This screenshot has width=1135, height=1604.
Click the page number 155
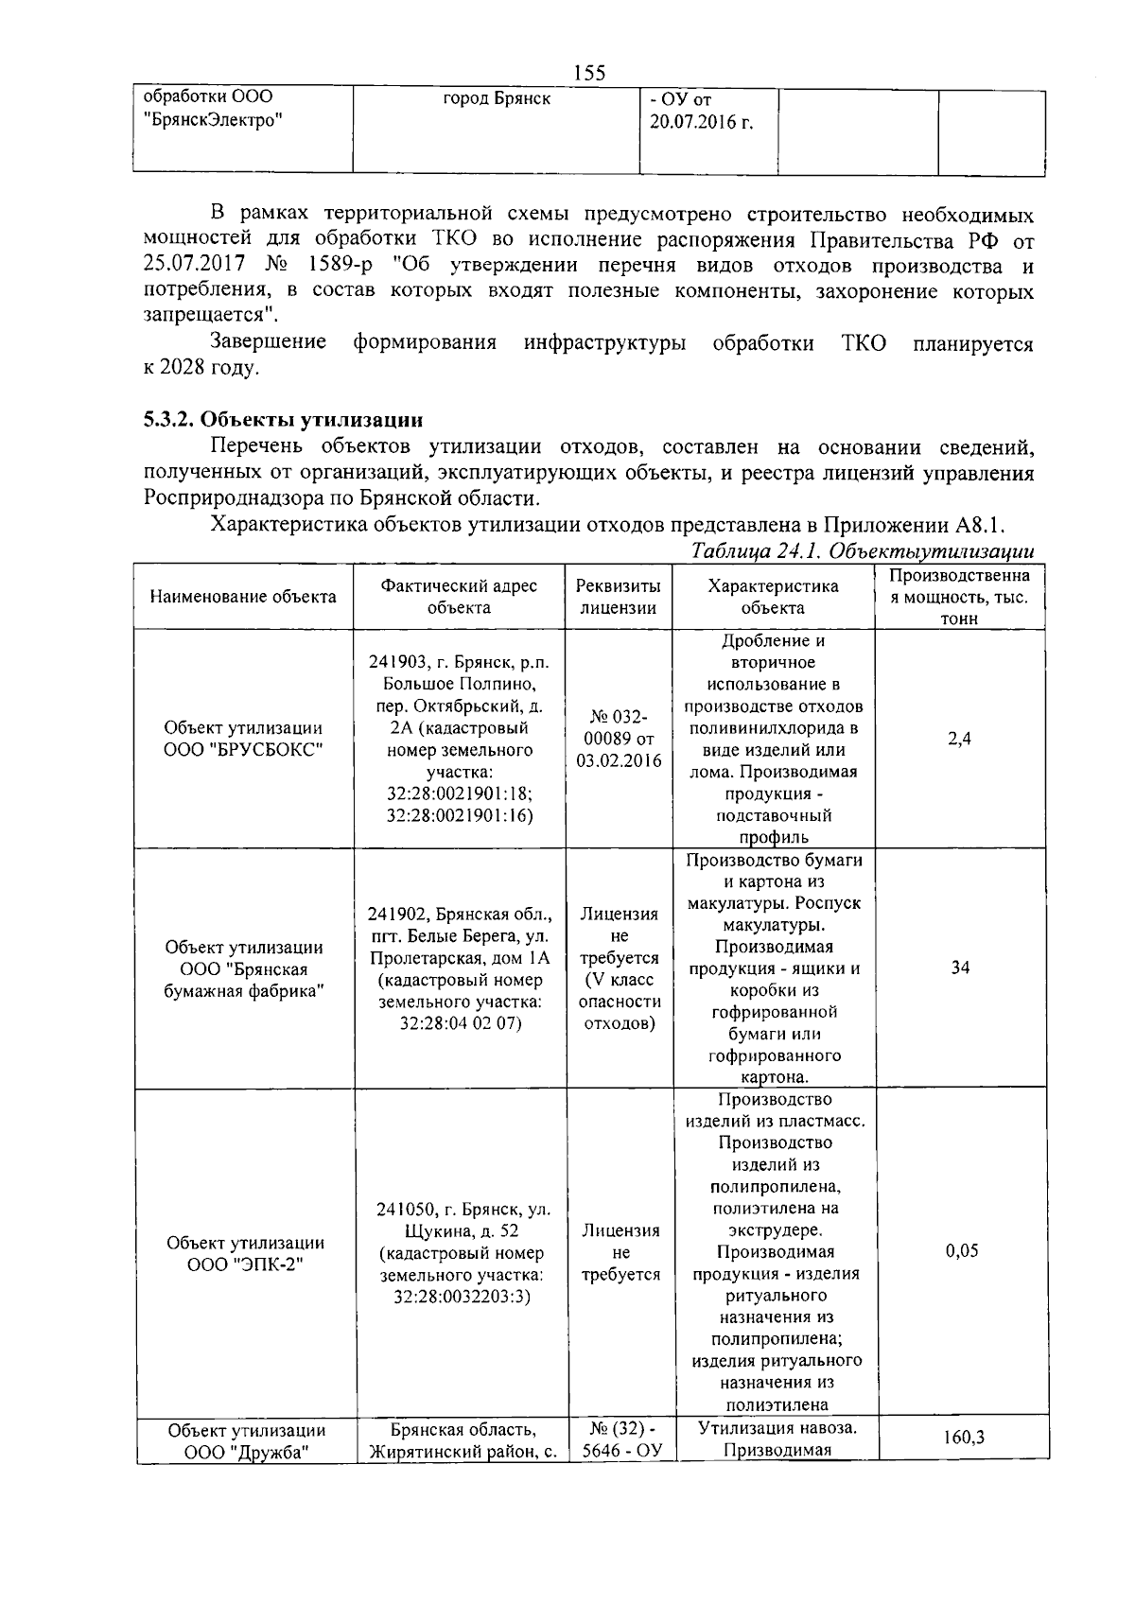tap(589, 73)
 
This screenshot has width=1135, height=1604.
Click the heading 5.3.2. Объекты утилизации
tap(283, 419)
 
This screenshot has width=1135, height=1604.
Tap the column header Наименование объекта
tap(243, 597)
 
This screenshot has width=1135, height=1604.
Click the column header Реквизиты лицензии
tap(619, 597)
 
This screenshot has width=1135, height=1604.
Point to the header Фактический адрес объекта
tap(459, 597)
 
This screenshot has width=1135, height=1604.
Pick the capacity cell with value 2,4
tap(959, 740)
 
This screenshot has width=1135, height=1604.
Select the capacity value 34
tap(960, 968)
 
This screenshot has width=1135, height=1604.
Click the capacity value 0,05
tap(961, 1251)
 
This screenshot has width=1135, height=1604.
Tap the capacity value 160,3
tap(963, 1438)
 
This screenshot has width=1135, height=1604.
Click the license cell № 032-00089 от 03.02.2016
tap(619, 740)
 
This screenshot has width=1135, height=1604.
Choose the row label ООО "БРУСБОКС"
tap(243, 750)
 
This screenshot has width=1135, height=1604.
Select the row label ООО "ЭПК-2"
tap(244, 1264)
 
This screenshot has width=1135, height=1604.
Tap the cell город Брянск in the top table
tap(496, 99)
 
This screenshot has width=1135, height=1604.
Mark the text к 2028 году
tap(201, 368)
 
